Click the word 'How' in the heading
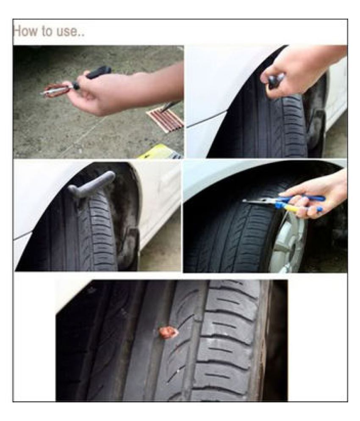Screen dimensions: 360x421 coord(25,31)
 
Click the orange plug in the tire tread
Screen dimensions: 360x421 coord(168,333)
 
